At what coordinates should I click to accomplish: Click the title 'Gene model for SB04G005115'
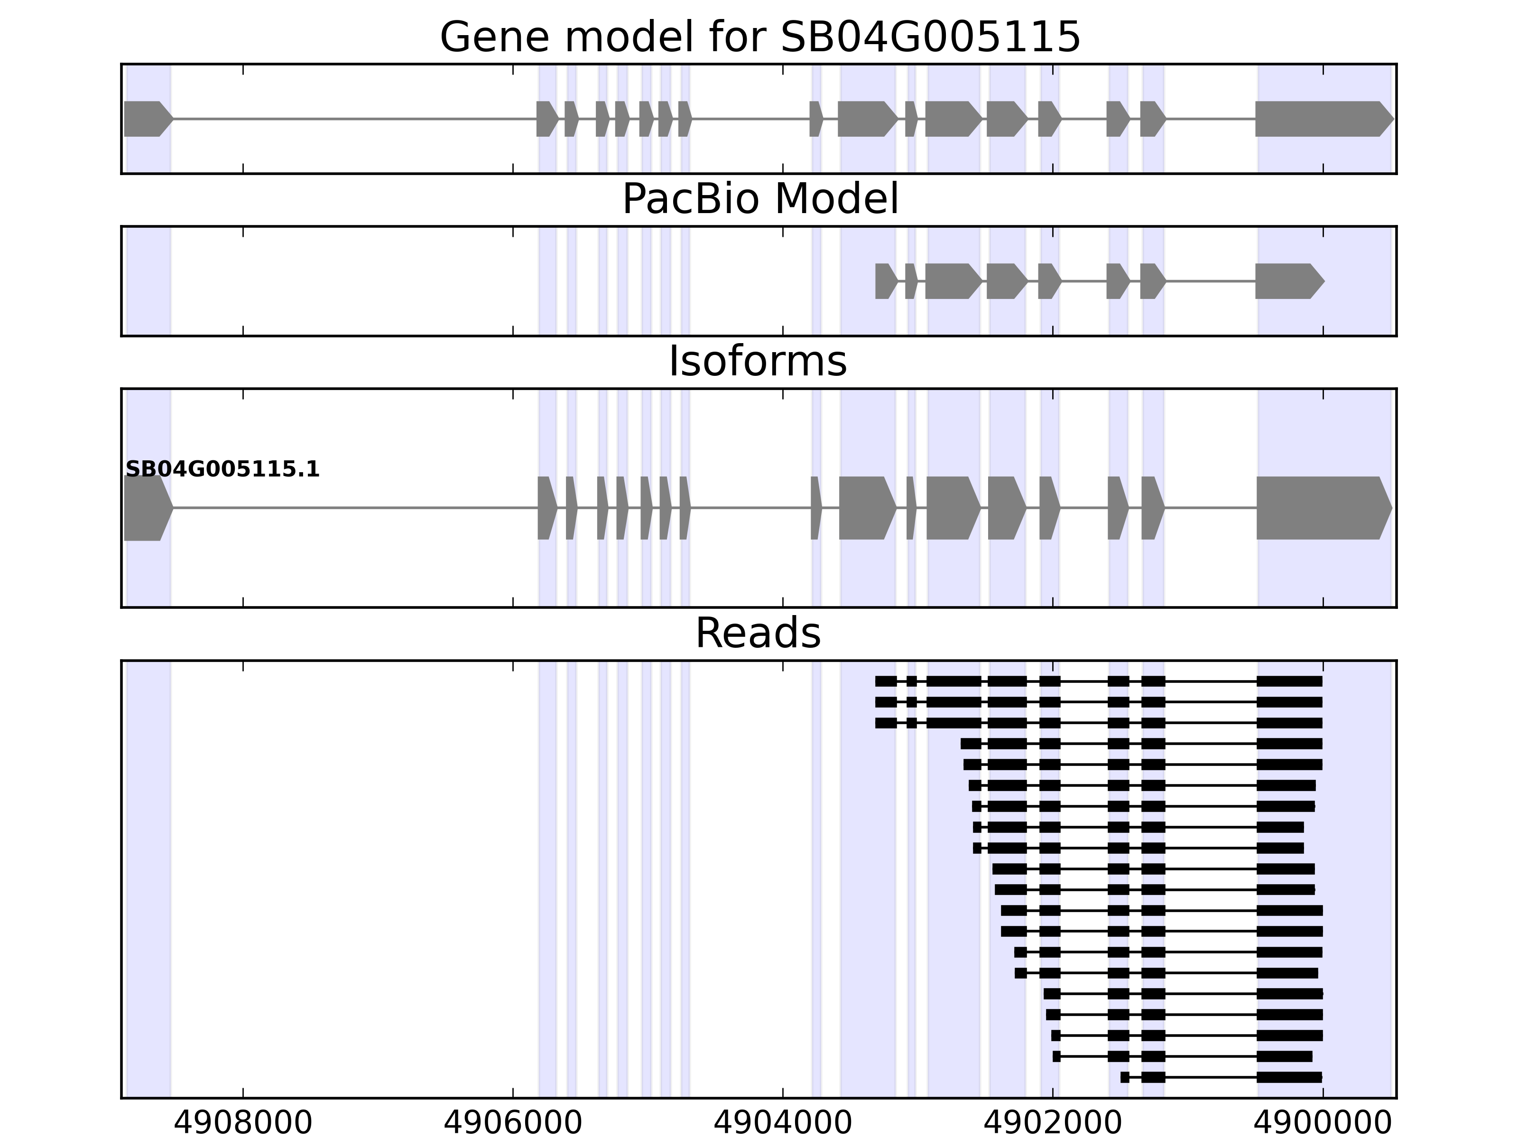pyautogui.click(x=759, y=37)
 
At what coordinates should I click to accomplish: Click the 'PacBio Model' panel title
pyautogui.click(x=759, y=199)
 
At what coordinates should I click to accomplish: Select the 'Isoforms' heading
pyautogui.click(x=758, y=361)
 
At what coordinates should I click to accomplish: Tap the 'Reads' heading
pyautogui.click(x=758, y=633)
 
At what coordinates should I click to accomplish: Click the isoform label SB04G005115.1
pyautogui.click(x=222, y=470)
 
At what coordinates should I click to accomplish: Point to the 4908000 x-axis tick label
pyautogui.click(x=243, y=1124)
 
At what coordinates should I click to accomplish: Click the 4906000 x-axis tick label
pyautogui.click(x=513, y=1124)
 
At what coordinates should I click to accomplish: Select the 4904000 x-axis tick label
pyautogui.click(x=783, y=1124)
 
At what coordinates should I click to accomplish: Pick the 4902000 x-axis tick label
pyautogui.click(x=1054, y=1124)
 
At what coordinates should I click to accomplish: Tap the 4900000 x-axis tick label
pyautogui.click(x=1323, y=1124)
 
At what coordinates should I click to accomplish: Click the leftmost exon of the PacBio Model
pyautogui.click(x=885, y=281)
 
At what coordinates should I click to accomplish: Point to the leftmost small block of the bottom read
pyautogui.click(x=1125, y=1077)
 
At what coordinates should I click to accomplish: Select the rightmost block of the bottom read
pyautogui.click(x=1289, y=1077)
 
